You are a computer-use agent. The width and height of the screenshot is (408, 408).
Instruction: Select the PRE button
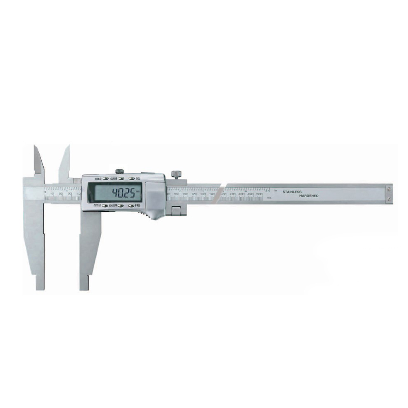click(131, 206)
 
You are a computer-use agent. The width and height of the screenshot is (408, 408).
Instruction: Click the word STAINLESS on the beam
click(292, 191)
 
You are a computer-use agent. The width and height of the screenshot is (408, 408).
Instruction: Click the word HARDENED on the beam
click(309, 196)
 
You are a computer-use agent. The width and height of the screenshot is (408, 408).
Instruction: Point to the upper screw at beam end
click(389, 189)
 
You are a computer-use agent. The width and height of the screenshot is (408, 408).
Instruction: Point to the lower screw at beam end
click(389, 199)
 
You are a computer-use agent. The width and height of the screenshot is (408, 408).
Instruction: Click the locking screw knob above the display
click(120, 171)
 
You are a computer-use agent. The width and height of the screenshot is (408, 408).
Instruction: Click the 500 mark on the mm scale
click(259, 194)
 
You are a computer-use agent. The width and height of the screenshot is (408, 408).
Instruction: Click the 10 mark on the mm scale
click(52, 193)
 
